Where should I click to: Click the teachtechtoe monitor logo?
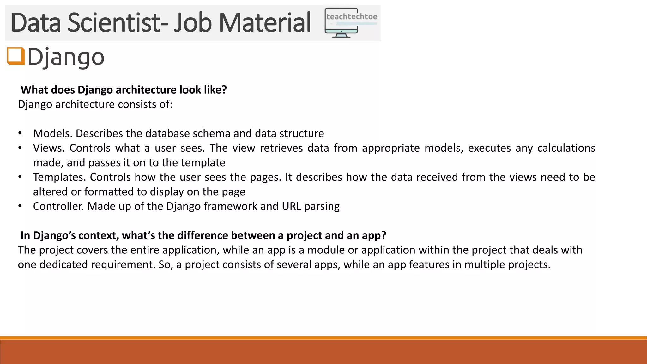tap(351, 23)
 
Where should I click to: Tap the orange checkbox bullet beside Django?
tap(15, 56)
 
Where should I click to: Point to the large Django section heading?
tap(66, 57)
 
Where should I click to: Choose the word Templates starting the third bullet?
tap(59, 177)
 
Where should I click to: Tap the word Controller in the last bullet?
tap(58, 206)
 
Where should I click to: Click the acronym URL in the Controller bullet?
tap(291, 206)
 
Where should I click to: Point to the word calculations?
tap(566, 148)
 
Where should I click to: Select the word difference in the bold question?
tap(202, 235)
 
